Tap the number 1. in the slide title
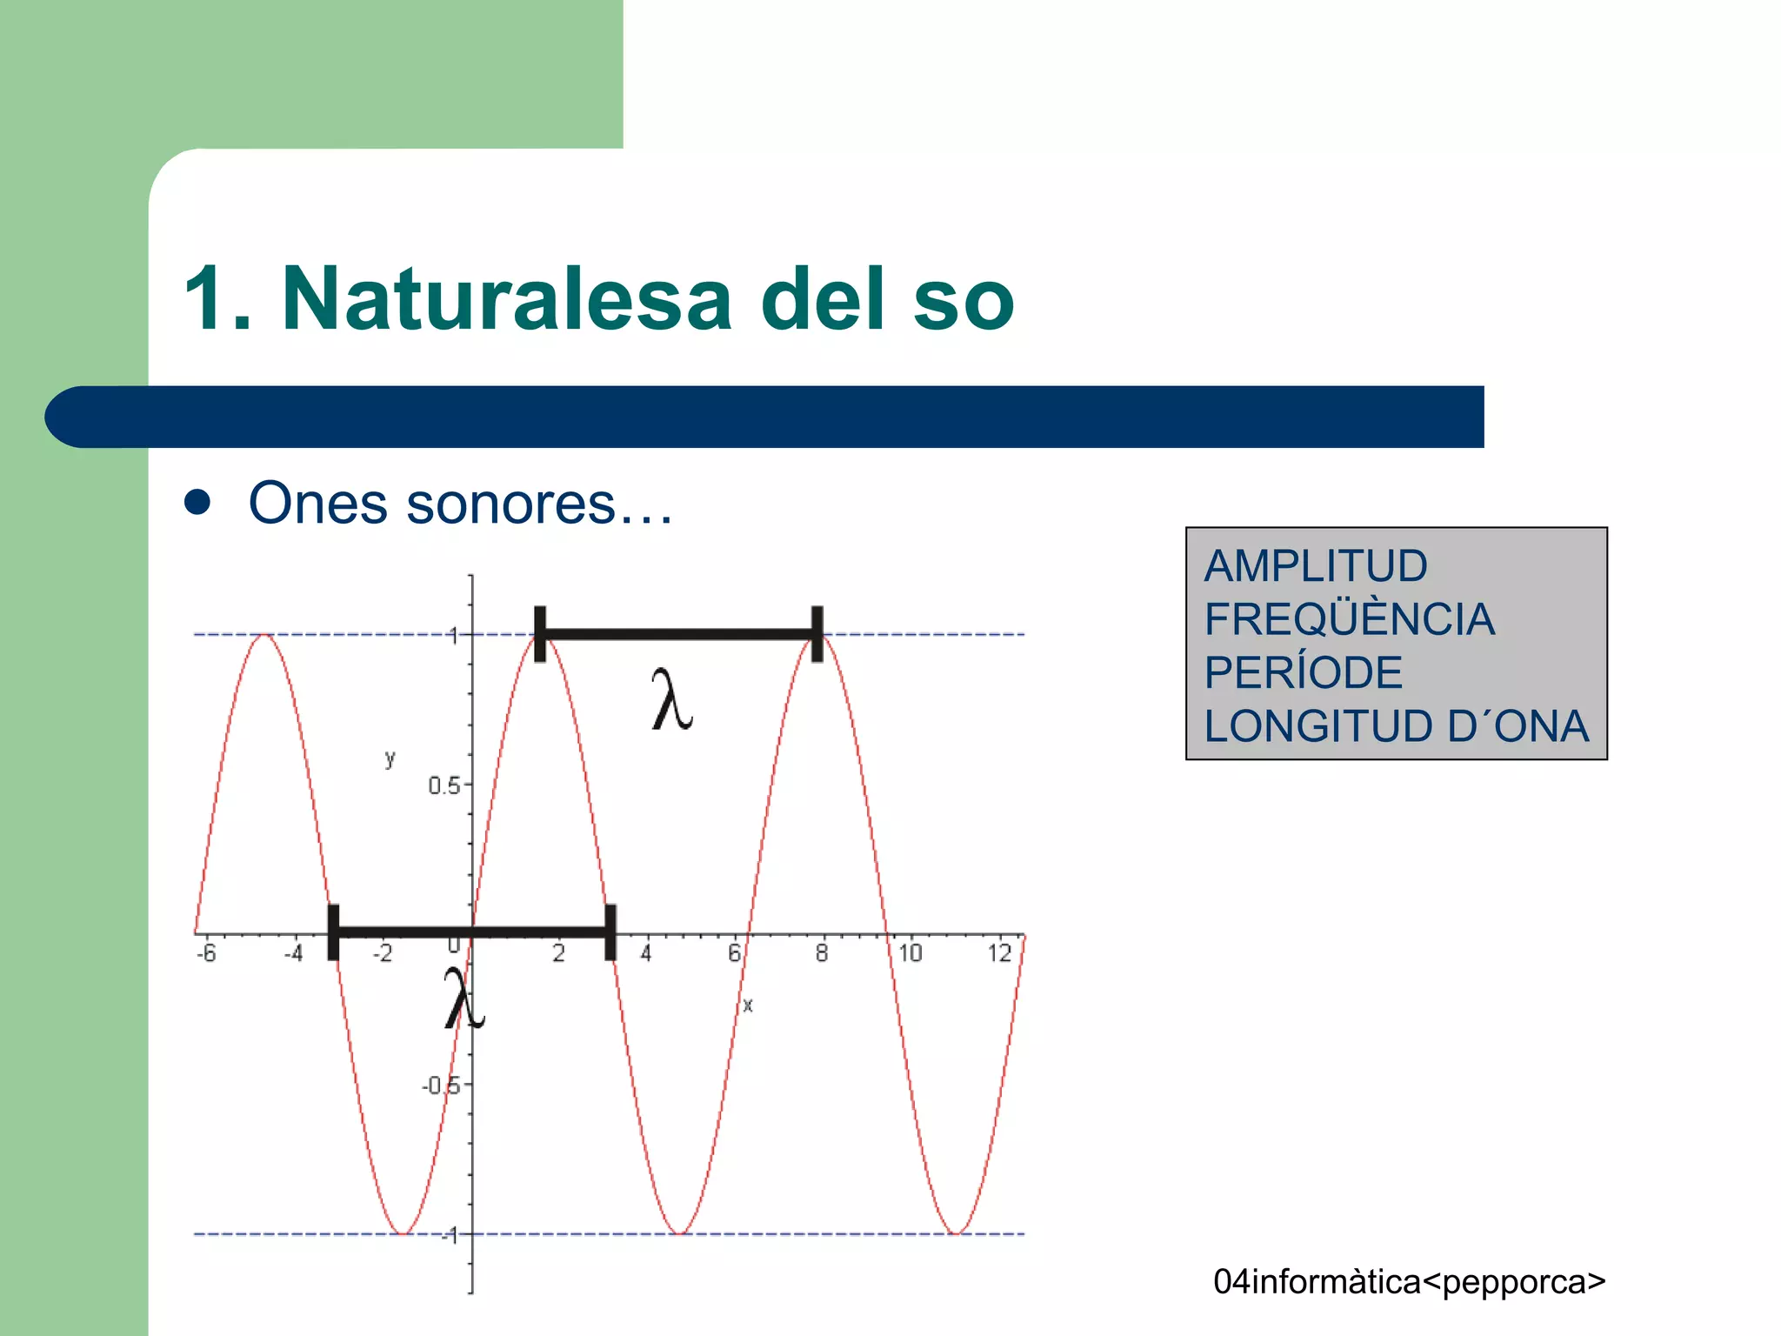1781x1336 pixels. pos(217,299)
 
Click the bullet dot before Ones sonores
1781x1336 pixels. pos(198,503)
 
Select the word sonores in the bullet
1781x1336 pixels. pos(511,504)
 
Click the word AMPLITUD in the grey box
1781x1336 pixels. pos(1315,566)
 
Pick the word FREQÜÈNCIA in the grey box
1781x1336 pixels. pos(1349,619)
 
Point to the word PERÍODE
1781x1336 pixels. pos(1303,672)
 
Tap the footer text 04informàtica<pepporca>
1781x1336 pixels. pos(1409,1282)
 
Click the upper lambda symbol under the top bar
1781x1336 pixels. pos(671,699)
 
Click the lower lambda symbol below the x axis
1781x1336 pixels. pos(464,999)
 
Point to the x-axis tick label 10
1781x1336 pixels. pos(910,953)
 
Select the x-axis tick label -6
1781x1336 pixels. pos(206,953)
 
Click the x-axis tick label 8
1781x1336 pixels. pos(822,953)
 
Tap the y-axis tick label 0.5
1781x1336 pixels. pos(443,786)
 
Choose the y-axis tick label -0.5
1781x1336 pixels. pos(440,1085)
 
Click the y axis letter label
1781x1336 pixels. pos(390,758)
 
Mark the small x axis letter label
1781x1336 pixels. pos(748,1005)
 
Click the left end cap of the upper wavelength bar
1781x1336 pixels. pos(540,634)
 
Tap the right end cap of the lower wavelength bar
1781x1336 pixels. pos(610,932)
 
